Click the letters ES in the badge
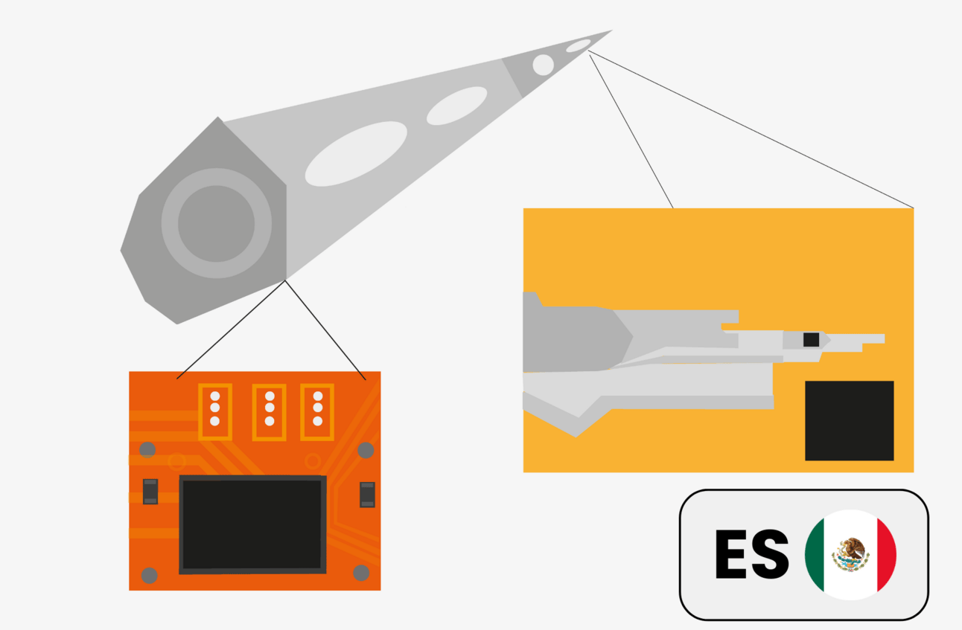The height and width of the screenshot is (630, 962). click(x=751, y=554)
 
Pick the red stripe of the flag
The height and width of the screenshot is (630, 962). click(x=886, y=555)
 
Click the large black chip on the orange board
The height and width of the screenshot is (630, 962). click(x=252, y=524)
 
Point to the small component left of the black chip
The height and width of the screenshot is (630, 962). click(x=150, y=491)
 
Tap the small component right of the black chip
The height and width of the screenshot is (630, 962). click(x=367, y=495)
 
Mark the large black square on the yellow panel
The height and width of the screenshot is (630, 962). click(x=849, y=420)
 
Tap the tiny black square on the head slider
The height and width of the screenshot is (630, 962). click(x=811, y=339)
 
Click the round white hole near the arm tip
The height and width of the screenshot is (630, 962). click(x=543, y=65)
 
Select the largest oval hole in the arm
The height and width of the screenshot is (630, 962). click(x=356, y=153)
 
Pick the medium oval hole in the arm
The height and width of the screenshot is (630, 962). click(x=456, y=106)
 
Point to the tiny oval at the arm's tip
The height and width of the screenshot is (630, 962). click(x=579, y=46)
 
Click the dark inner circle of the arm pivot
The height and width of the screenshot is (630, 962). click(x=216, y=223)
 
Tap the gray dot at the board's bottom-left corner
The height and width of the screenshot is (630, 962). click(x=149, y=575)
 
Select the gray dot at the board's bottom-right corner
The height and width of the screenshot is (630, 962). click(x=361, y=573)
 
